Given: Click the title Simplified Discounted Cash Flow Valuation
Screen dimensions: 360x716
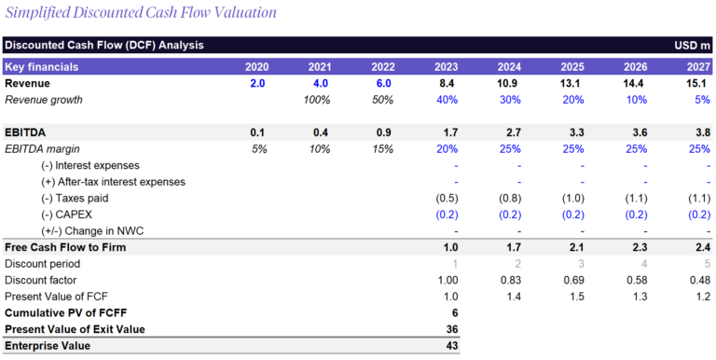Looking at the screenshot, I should pos(141,13).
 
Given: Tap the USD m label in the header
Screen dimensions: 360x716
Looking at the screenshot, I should pos(692,45).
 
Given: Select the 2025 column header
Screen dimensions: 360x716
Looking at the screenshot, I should pos(571,67).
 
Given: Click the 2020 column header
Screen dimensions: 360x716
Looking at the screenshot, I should pos(256,67).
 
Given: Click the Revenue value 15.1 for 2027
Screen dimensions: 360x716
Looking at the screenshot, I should pos(699,84).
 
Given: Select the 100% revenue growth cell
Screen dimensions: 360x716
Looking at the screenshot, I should pos(320,100).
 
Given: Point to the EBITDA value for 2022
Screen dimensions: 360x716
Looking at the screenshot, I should pos(383,132).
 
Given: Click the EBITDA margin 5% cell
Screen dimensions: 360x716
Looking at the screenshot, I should pos(258,149).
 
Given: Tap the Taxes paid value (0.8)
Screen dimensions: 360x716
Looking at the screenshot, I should pos(508,199).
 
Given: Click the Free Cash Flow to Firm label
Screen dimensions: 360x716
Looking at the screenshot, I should pos(65,247).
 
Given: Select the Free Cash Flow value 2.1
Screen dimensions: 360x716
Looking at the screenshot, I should pos(573,247).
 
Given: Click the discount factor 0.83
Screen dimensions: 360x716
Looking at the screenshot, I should pos(510,280).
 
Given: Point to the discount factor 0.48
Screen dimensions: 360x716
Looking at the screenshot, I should pos(699,280).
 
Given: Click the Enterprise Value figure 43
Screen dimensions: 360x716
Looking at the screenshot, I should pos(450,346).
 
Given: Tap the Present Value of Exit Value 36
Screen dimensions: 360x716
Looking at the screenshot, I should pos(450,329).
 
